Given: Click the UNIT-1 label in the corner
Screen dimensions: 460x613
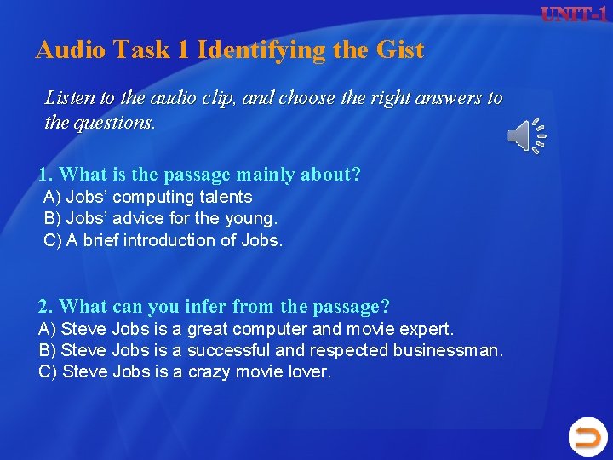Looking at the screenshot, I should pyautogui.click(x=574, y=14).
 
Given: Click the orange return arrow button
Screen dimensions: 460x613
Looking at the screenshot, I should pyautogui.click(x=587, y=438).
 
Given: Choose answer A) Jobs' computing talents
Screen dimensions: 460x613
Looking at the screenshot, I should pyautogui.click(x=148, y=197).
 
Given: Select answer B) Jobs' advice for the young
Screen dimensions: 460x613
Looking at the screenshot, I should pyautogui.click(x=160, y=218).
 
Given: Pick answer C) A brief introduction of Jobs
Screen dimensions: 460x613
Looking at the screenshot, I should pyautogui.click(x=163, y=240).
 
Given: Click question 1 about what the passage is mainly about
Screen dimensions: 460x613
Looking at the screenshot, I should pyautogui.click(x=199, y=175).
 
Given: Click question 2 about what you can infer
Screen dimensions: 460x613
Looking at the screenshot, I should pyautogui.click(x=214, y=306).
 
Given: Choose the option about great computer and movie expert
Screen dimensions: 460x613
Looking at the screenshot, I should pyautogui.click(x=247, y=328).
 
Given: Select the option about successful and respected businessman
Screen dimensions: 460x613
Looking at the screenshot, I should pyautogui.click(x=272, y=350).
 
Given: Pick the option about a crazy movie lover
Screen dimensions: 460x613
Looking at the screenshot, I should pyautogui.click(x=185, y=372).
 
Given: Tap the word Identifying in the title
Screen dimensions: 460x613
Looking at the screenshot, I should pyautogui.click(x=262, y=50).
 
